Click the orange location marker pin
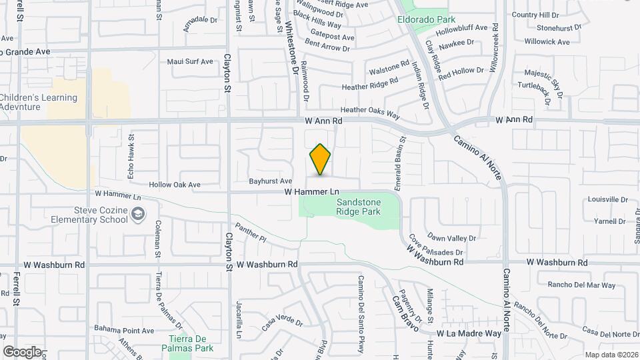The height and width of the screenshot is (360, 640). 320,159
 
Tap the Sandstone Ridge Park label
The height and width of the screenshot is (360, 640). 358,207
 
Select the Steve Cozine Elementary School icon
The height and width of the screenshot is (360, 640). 138,214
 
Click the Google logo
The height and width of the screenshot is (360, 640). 22,351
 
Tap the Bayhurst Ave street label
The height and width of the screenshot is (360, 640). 271,181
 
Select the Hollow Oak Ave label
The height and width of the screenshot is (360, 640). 175,185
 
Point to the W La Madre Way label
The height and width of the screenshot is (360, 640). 469,333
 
